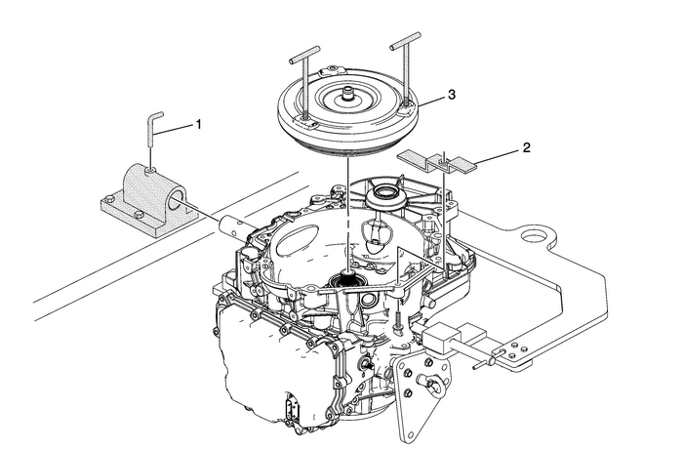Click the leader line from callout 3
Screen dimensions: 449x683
(x=430, y=99)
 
